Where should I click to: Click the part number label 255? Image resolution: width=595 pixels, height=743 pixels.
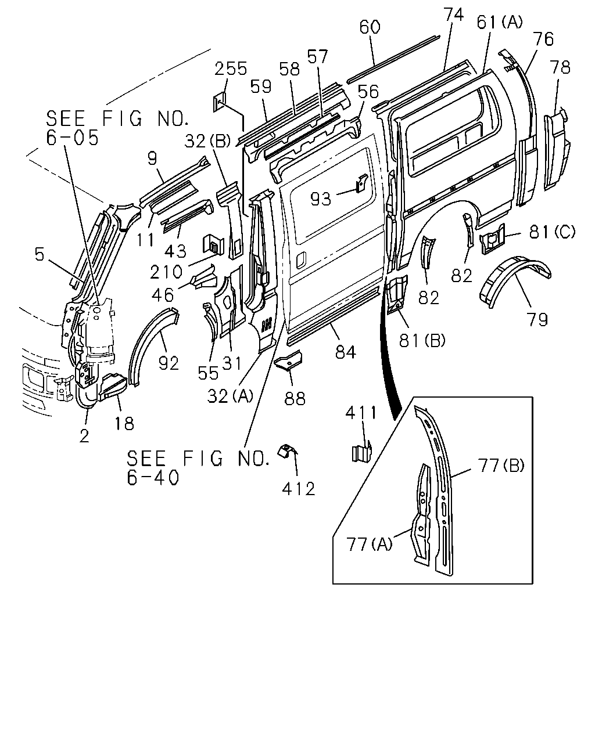click(231, 68)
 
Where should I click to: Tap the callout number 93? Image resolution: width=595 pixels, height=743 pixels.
click(321, 199)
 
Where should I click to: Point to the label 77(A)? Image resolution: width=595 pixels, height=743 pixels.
click(370, 544)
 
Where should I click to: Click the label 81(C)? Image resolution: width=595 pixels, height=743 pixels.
click(552, 232)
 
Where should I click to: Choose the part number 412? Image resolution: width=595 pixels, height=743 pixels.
click(299, 489)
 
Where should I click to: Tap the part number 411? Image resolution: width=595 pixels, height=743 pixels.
click(361, 413)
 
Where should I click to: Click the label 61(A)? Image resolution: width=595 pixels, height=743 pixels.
click(500, 23)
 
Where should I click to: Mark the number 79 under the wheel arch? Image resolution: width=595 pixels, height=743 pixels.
click(537, 319)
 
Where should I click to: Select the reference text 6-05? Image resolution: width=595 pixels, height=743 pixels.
click(72, 138)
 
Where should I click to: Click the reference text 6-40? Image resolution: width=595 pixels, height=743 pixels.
click(153, 478)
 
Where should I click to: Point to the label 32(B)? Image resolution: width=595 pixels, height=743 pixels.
click(207, 141)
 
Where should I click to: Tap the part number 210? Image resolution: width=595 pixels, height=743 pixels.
click(166, 272)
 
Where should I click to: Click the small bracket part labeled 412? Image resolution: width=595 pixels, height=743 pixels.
click(286, 451)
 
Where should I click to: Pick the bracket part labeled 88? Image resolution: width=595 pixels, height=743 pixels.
click(288, 360)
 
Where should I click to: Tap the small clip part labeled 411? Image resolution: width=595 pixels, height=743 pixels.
click(361, 451)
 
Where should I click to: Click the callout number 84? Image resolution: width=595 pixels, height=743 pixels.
click(345, 352)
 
